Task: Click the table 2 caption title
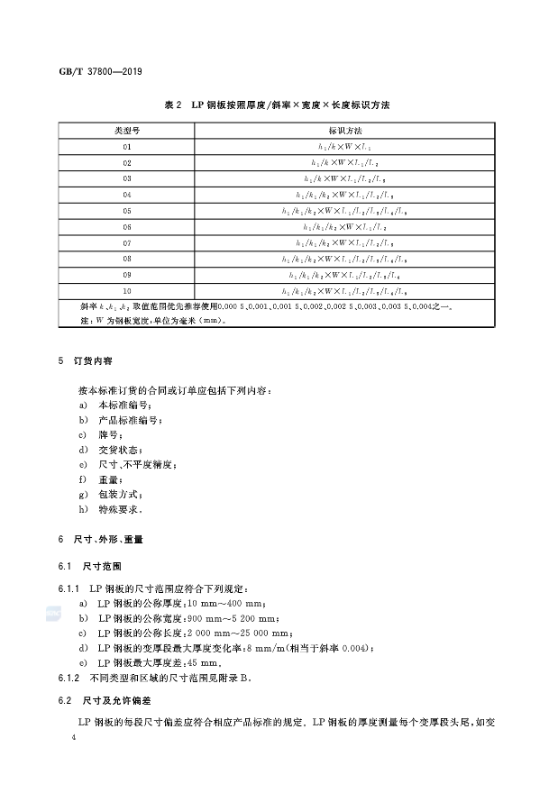click(277, 106)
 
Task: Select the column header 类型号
click(127, 131)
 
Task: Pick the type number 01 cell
click(127, 147)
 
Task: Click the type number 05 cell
click(127, 211)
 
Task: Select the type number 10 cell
click(127, 291)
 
